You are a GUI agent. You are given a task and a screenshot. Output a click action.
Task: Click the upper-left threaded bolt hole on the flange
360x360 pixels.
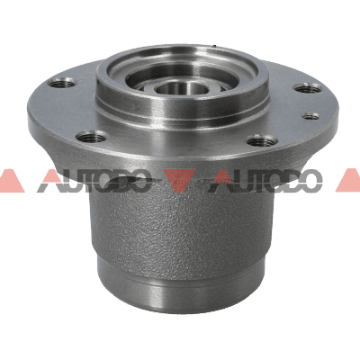coord(62,83)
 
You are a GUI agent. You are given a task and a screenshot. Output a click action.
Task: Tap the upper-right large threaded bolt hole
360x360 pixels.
coord(307,88)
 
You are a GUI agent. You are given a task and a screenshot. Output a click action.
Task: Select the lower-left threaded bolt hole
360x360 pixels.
coord(91,138)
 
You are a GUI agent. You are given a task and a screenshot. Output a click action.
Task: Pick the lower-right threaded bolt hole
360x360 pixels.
coord(262,140)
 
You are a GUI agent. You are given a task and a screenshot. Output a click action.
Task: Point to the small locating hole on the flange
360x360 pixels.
coord(310,116)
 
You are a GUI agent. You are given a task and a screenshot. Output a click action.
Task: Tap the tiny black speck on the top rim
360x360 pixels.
coord(214,46)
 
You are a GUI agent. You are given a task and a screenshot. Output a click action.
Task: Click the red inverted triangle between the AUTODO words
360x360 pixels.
coord(180,179)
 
